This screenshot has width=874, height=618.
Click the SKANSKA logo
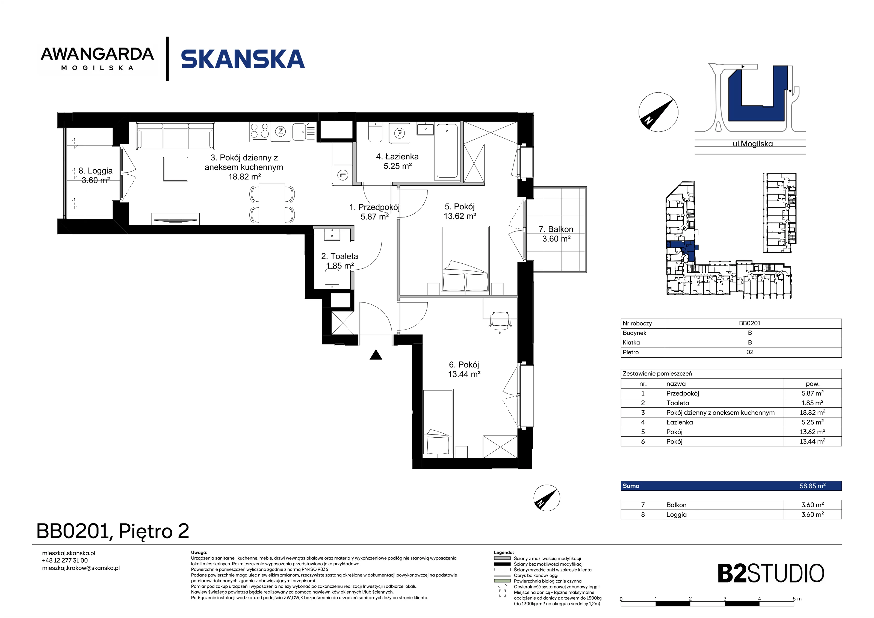point(243,59)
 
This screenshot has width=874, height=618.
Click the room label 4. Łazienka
point(397,161)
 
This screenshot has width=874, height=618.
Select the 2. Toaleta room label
point(339,261)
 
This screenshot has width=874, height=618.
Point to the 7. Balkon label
point(556,234)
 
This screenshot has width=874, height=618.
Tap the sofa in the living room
point(176,136)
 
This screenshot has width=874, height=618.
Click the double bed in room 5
point(465,260)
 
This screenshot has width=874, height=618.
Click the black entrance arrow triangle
point(376,355)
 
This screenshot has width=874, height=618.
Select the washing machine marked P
point(399,133)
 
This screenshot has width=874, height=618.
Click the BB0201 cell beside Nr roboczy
point(749,323)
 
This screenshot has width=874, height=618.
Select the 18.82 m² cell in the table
point(812,412)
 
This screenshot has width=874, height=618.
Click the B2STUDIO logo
point(771,574)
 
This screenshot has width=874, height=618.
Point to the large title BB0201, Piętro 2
point(113,531)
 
